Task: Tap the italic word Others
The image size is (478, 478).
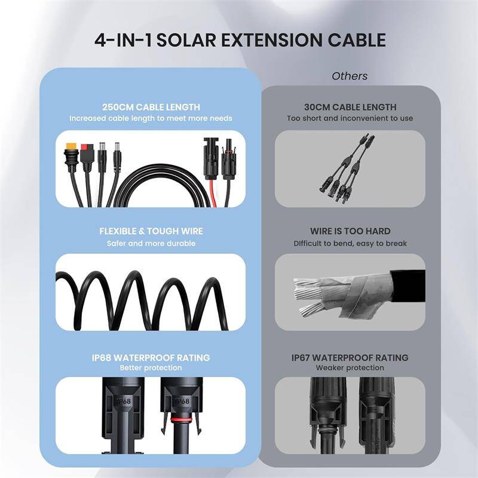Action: [350, 76]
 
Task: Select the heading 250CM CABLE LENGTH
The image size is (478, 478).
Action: [151, 107]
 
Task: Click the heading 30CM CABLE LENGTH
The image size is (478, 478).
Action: [350, 107]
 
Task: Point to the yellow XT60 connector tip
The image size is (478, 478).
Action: [72, 147]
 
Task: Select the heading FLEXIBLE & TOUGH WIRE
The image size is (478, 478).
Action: [151, 231]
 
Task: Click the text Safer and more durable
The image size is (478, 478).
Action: [151, 243]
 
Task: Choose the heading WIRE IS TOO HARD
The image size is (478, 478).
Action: [350, 231]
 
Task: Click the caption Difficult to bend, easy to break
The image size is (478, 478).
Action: [350, 243]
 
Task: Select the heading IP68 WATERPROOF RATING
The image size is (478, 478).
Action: [151, 357]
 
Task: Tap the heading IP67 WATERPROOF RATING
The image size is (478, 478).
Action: [350, 357]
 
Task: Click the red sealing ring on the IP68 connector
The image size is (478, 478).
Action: [177, 421]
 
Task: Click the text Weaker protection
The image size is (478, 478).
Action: [350, 368]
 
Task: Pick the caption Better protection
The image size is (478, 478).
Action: [151, 367]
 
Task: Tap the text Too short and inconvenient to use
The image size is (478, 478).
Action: [350, 118]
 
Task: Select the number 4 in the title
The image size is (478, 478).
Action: [101, 40]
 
